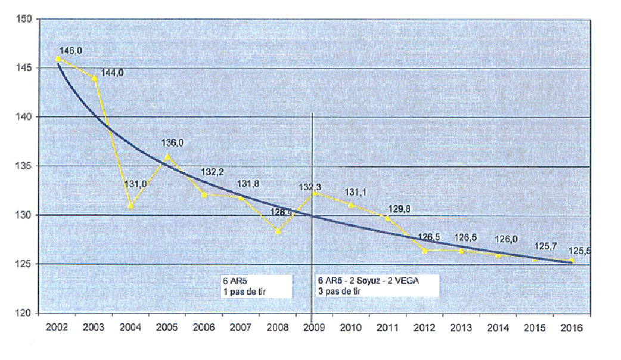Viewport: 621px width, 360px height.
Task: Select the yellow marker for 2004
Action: tap(131, 206)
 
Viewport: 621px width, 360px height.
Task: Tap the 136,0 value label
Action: tap(173, 143)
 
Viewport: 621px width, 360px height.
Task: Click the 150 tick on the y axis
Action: tap(24, 20)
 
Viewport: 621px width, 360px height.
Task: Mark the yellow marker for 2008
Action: tap(278, 231)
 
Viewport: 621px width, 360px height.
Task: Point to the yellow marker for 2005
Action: tap(168, 157)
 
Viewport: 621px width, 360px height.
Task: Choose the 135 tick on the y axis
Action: tap(24, 166)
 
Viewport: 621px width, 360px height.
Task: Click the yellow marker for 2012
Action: tap(424, 250)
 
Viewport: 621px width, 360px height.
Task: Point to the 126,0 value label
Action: tap(506, 240)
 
